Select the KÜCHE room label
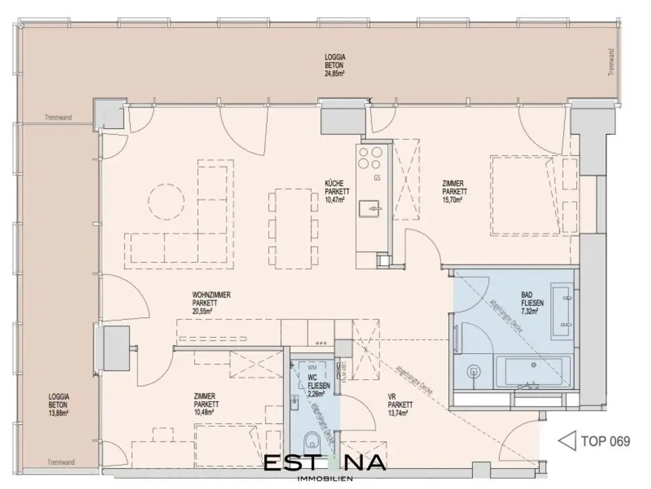click(x=334, y=183)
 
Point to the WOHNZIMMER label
click(x=211, y=295)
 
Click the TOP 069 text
click(x=605, y=441)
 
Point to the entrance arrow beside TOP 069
click(x=565, y=441)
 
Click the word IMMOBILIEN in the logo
click(x=325, y=478)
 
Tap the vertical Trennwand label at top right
click(x=612, y=62)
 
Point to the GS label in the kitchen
click(x=377, y=177)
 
